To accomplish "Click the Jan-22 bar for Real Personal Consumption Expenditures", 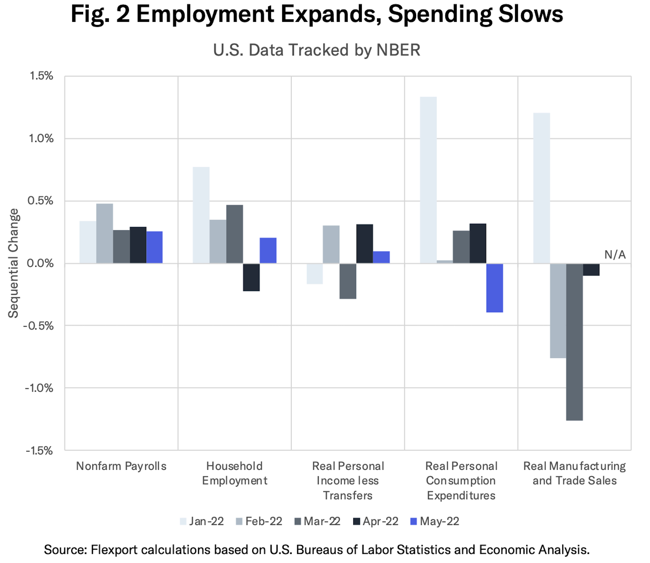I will [x=428, y=180].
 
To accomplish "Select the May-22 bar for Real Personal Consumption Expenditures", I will [x=495, y=288].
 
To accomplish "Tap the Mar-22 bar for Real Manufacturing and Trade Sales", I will [x=574, y=342].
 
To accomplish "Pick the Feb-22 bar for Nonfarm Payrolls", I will [x=105, y=233].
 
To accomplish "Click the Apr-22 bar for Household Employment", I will [x=251, y=277].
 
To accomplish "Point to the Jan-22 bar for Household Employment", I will [x=201, y=215].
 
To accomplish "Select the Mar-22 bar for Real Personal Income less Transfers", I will [x=348, y=281].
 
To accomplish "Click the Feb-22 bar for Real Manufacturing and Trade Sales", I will [x=558, y=311].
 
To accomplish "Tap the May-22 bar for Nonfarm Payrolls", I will [x=154, y=247].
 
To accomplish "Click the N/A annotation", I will [x=615, y=254].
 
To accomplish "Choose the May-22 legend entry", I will [x=435, y=521].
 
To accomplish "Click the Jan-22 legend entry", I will [x=202, y=521].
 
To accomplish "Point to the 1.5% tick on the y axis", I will [x=41, y=76].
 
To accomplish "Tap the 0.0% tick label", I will [x=40, y=263].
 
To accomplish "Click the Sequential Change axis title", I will [x=13, y=263].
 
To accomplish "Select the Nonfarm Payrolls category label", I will [x=121, y=466].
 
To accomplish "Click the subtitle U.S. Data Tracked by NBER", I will [x=316, y=50].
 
